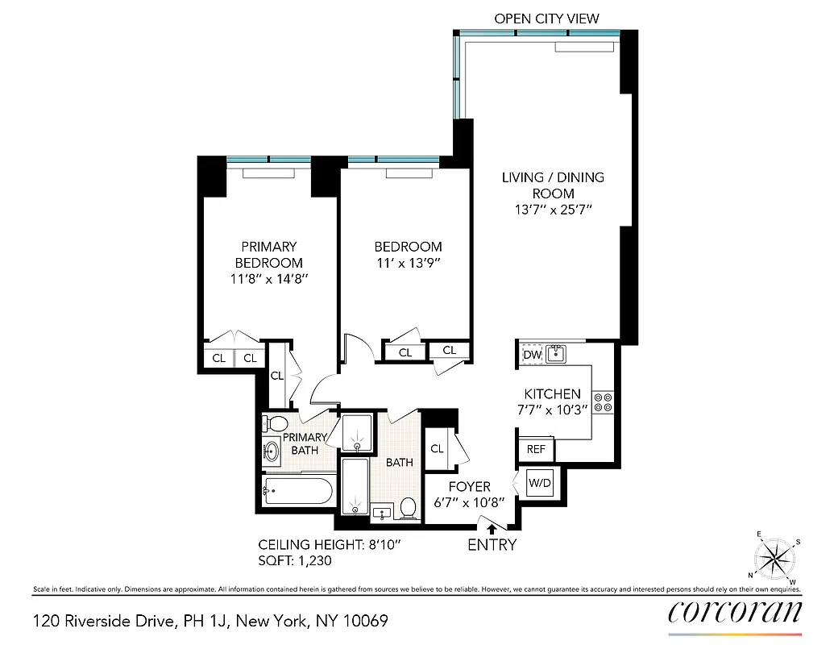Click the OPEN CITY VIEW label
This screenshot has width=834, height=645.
click(x=546, y=19)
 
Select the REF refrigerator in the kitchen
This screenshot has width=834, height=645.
click(x=536, y=449)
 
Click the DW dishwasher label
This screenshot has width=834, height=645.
click(x=532, y=354)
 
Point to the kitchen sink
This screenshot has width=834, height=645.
click(x=555, y=353)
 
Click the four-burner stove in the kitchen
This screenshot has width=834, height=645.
click(x=603, y=402)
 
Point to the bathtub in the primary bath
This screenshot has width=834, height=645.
click(x=297, y=490)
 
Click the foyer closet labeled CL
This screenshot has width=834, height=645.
click(x=438, y=449)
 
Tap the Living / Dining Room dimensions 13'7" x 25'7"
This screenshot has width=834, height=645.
click(x=553, y=210)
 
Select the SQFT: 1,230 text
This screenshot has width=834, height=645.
click(x=295, y=560)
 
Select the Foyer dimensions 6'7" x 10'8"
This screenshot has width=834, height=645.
click(x=469, y=501)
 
